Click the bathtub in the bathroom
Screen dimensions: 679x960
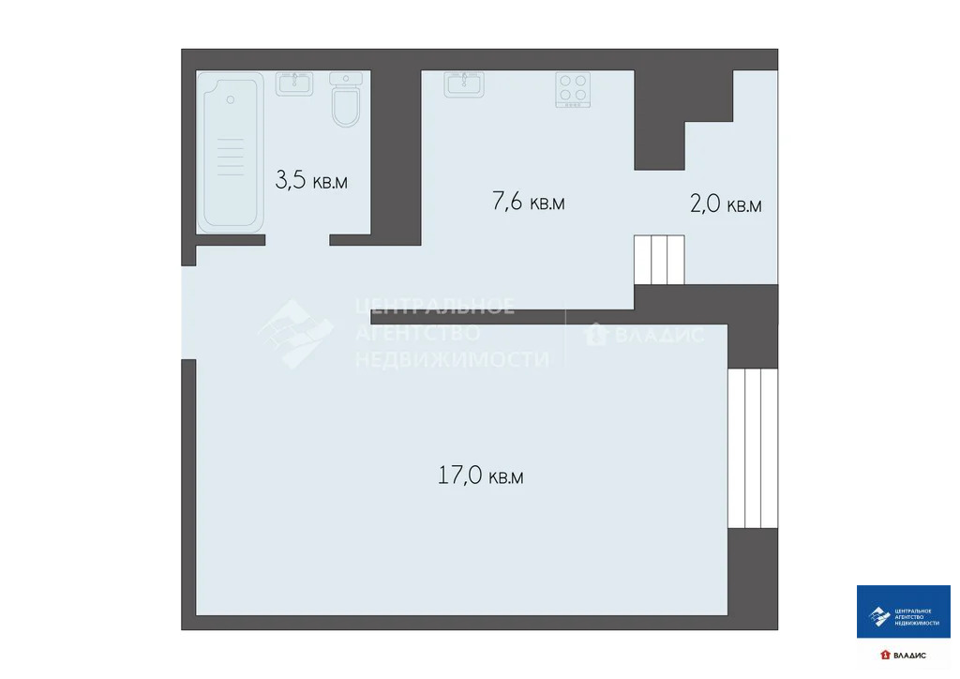coord(231,153)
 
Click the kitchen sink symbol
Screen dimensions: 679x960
coord(464,84)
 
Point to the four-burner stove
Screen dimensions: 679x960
coord(574,90)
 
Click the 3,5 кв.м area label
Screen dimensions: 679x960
coord(311,180)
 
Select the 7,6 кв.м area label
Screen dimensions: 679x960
coord(529,202)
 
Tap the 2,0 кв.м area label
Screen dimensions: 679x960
coord(726,204)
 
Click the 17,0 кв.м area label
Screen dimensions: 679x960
coord(481,476)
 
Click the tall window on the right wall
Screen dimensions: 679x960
coord(752,448)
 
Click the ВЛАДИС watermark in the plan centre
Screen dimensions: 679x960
coord(645,334)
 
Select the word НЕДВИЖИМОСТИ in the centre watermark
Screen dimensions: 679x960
coord(452,358)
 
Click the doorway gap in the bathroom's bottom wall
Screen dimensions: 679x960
coord(297,240)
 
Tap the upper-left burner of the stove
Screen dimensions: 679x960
coord(566,82)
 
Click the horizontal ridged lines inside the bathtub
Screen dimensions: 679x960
coord(230,156)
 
